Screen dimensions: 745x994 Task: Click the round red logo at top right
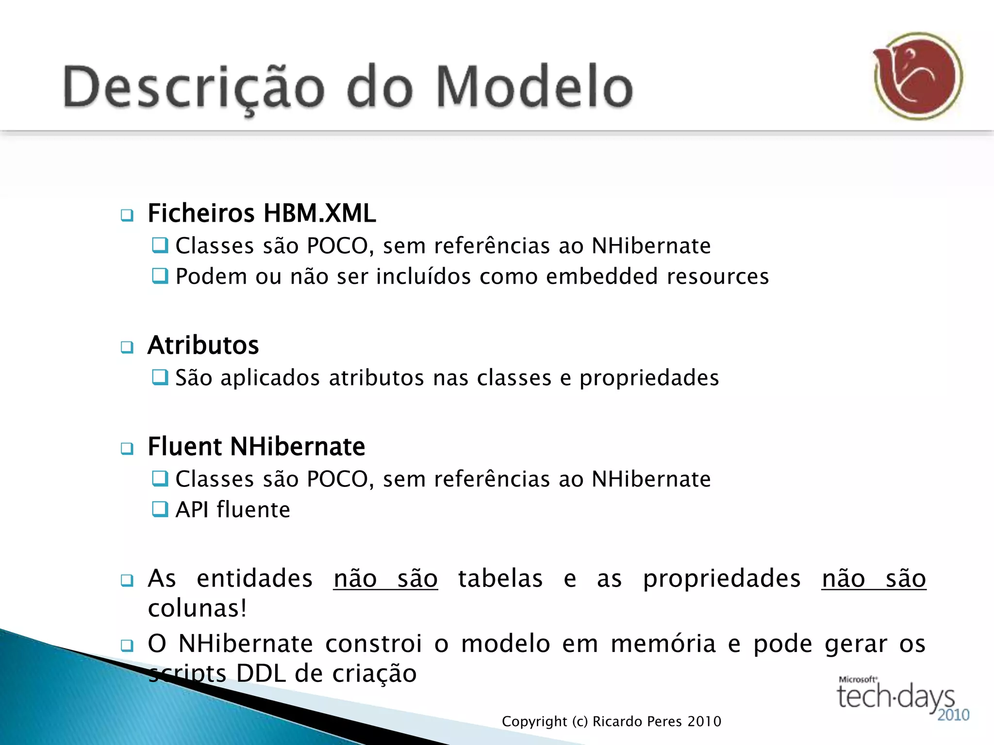(918, 76)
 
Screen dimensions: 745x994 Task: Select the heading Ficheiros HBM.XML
(262, 213)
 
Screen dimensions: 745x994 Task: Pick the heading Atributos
(203, 345)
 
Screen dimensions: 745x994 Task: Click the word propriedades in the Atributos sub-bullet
(649, 378)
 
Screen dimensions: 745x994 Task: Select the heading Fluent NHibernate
(256, 447)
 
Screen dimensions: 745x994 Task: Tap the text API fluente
(232, 510)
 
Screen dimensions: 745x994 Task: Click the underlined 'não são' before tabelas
(385, 579)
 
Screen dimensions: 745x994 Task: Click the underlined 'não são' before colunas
(874, 579)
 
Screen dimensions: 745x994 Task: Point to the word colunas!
(198, 609)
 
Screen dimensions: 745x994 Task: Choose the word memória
(663, 644)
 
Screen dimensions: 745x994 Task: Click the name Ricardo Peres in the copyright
(637, 722)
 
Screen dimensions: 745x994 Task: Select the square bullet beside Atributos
(127, 347)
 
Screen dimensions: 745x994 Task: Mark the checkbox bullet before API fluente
(160, 509)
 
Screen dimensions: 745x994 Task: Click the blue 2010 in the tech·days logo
(953, 715)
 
